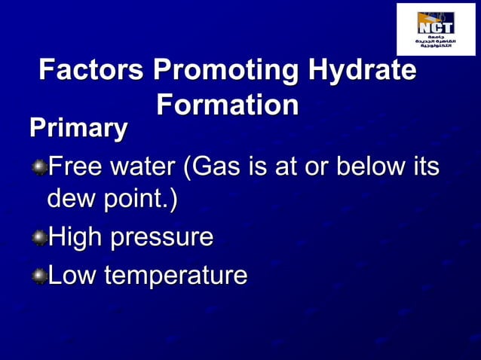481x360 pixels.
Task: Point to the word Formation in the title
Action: [x=228, y=105]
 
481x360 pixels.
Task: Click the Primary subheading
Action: [x=78, y=127]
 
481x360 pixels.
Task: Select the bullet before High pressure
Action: [x=38, y=239]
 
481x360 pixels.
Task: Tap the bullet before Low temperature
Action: [x=38, y=276]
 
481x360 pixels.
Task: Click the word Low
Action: [x=72, y=276]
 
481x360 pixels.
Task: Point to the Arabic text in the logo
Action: [x=436, y=41]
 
